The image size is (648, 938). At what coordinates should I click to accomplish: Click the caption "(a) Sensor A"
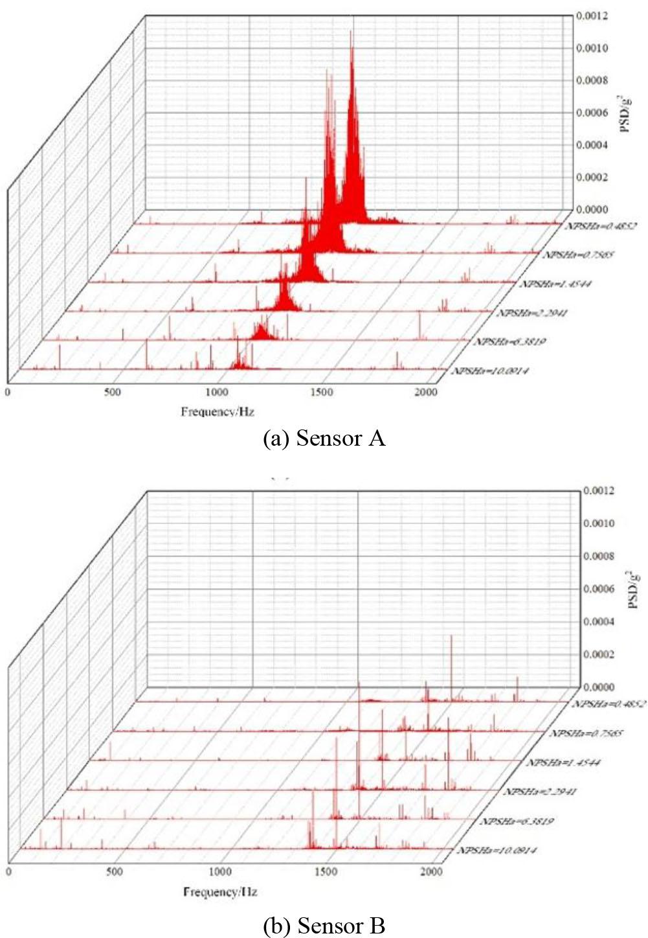[324, 439]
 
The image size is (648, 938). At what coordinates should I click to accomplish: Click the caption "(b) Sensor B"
[324, 926]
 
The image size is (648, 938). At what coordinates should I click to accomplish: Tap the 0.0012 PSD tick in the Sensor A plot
[592, 15]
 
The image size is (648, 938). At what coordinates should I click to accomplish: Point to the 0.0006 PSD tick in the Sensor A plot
[592, 112]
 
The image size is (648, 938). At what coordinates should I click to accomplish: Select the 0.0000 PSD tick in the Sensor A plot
[592, 209]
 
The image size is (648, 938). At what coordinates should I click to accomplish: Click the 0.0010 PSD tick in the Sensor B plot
[599, 523]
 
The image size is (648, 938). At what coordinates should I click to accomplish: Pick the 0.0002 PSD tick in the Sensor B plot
[599, 654]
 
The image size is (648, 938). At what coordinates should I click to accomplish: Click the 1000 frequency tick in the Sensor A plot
[217, 393]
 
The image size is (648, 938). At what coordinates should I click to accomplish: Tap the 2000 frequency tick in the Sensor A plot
[426, 393]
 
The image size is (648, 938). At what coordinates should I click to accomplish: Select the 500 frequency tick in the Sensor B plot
[114, 872]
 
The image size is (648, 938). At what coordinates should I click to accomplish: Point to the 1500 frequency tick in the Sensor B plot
[325, 872]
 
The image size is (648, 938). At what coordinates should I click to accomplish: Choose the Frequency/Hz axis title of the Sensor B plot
[220, 892]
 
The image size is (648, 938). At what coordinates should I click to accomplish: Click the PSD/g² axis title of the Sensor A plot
[625, 111]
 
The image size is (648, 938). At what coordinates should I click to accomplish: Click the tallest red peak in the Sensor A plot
[352, 32]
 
